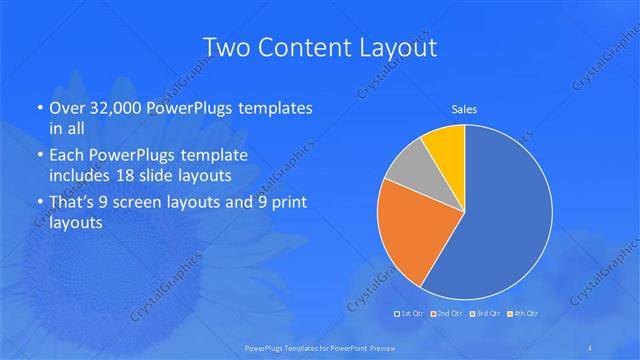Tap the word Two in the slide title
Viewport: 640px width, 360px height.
point(226,48)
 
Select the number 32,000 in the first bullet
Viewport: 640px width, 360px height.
point(110,107)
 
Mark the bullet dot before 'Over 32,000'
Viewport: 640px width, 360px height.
point(38,108)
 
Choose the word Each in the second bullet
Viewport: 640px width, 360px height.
point(68,156)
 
